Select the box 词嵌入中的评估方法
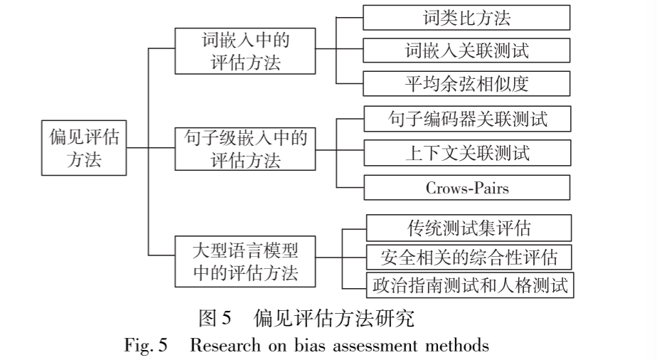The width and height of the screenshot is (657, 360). [x=245, y=51]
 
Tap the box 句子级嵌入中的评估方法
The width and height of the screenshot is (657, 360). [x=245, y=148]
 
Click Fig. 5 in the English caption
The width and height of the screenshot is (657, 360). [x=146, y=346]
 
